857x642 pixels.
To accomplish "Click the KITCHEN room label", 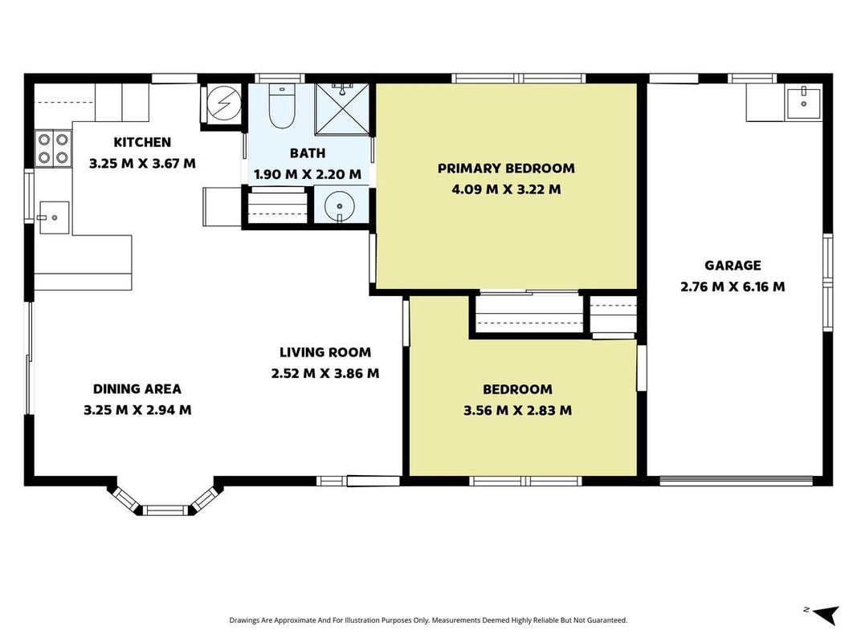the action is tap(142, 143).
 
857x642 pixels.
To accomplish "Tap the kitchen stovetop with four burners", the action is tap(53, 149).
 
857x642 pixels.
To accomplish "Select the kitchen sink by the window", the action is tap(54, 217).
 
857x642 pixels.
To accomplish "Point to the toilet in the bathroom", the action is tap(282, 106).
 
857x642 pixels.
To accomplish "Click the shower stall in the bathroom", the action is tap(342, 109).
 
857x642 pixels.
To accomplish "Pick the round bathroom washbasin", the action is tap(340, 206).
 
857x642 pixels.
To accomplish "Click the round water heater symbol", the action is tap(224, 104).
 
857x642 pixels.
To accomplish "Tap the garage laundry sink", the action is tap(803, 103).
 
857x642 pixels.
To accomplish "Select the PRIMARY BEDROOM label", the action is tap(506, 169).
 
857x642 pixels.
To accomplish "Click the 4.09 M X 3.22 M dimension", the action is tap(506, 189).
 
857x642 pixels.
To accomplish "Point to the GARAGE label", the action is tap(733, 266).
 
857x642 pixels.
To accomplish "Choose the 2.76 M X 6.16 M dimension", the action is tap(733, 286).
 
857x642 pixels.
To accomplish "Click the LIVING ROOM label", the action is tap(325, 352).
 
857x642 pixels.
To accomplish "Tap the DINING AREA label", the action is tap(137, 388).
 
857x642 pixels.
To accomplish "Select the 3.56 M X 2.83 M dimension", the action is tap(517, 410).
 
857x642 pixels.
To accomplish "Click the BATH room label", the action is tap(308, 153).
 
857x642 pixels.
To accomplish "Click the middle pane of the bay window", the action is tap(165, 510).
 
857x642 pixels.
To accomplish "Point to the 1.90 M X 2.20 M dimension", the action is tap(308, 175).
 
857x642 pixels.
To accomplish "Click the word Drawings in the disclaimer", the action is tap(244, 620).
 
